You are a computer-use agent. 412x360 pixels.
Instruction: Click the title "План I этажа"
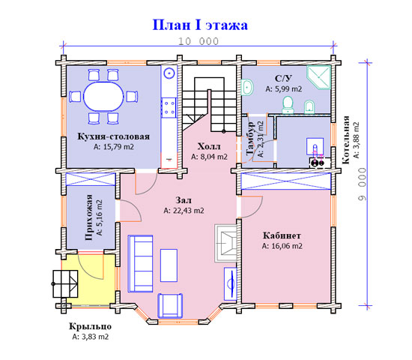[x=200, y=25]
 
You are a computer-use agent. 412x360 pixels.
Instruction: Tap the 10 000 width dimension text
[x=199, y=41]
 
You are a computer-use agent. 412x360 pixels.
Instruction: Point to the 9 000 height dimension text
[x=363, y=184]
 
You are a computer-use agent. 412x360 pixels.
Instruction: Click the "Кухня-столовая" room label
[x=114, y=136]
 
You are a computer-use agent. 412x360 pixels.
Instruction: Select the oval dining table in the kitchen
[x=103, y=96]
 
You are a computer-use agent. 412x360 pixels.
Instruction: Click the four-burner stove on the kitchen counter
[x=169, y=108]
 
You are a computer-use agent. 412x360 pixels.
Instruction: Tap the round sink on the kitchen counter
[x=169, y=73]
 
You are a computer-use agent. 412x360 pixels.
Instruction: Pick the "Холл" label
[x=209, y=146]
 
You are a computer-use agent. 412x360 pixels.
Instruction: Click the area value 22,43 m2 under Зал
[x=184, y=211]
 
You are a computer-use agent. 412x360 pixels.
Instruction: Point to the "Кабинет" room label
[x=282, y=235]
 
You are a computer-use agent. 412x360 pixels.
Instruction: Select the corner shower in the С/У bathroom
[x=318, y=77]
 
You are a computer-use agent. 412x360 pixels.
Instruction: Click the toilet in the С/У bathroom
[x=288, y=105]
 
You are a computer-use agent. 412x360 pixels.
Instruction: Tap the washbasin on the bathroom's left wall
[x=247, y=87]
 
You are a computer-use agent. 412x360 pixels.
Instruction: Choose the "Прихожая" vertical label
[x=89, y=217]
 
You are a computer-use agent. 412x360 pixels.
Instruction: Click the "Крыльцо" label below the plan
[x=90, y=326]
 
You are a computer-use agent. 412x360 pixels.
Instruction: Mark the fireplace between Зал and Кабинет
[x=225, y=243]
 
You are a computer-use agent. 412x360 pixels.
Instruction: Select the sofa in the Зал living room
[x=140, y=264]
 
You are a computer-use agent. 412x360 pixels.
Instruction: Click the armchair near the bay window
[x=170, y=306]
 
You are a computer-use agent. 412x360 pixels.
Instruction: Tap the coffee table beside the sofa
[x=169, y=265]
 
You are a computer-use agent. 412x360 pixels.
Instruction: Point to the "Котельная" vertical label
[x=346, y=139]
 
